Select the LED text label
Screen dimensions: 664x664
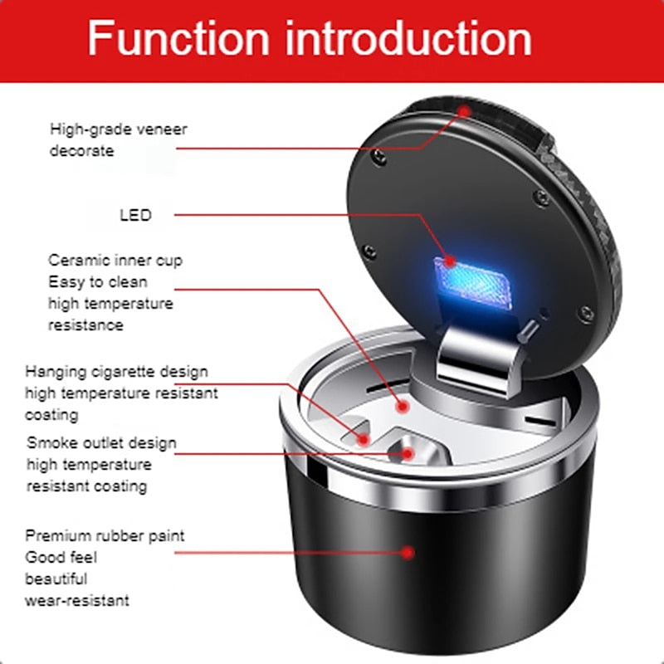pos(135,215)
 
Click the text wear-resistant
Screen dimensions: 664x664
pos(77,600)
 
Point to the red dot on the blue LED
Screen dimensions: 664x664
pos(450,261)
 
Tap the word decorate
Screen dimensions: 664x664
pos(81,151)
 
